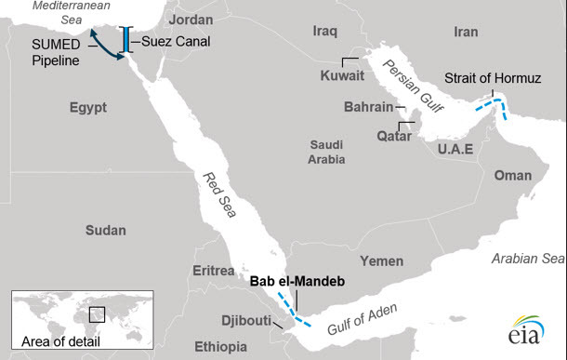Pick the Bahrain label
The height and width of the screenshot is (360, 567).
368,107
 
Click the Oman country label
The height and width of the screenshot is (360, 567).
512,175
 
